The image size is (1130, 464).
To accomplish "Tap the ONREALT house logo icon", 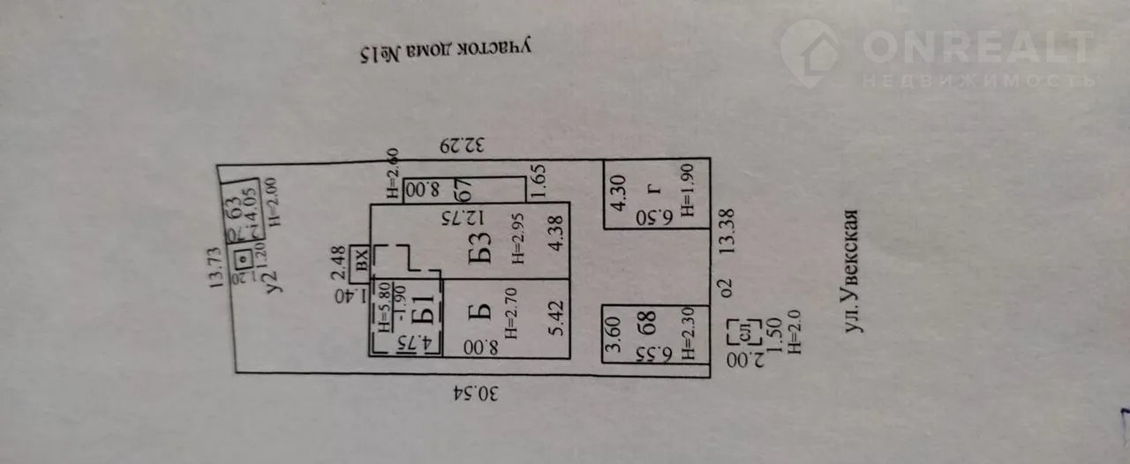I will tap(810, 54).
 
